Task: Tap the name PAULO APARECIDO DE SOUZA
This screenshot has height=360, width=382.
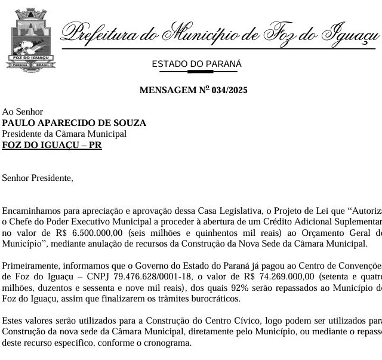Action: point(74,123)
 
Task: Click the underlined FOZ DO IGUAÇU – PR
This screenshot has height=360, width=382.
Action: point(52,145)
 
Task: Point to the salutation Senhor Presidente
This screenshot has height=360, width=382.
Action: point(38,177)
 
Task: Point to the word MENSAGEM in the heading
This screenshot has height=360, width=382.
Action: point(165,91)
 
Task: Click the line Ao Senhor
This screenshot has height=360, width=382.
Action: point(23,112)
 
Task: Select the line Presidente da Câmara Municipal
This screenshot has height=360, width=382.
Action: point(64,134)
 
